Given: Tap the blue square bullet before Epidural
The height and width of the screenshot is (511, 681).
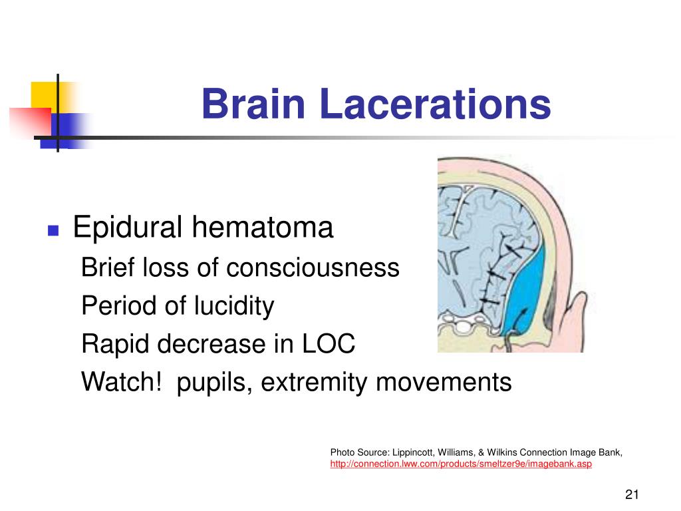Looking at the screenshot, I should point(53,231).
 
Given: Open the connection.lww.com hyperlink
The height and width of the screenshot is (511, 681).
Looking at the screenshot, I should point(460,464).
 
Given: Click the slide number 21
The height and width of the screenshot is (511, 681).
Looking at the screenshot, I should point(631,494).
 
